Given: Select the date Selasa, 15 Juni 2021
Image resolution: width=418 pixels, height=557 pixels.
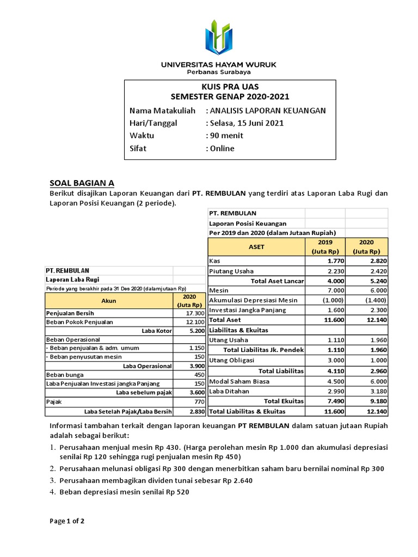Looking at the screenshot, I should click(x=247, y=123).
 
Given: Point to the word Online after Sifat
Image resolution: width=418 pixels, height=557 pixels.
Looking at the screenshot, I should click(x=223, y=148).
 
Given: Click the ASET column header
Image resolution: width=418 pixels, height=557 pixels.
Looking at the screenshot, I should click(x=256, y=246).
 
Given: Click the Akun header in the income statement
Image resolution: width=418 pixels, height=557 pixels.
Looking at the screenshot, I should click(x=109, y=300).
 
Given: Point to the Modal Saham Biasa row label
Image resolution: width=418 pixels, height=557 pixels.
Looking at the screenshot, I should click(x=240, y=381).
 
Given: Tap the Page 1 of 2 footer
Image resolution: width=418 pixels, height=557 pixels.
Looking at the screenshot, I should click(x=67, y=521).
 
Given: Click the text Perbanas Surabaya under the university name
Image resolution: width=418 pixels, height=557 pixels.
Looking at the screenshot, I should click(x=218, y=72).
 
